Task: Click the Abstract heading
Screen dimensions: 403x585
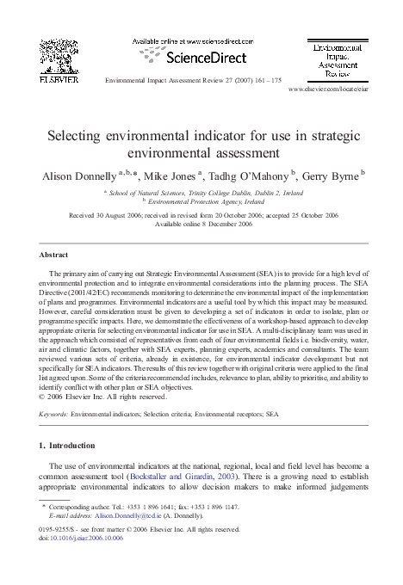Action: [55, 256]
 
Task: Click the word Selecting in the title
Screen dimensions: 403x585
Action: [77, 134]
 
